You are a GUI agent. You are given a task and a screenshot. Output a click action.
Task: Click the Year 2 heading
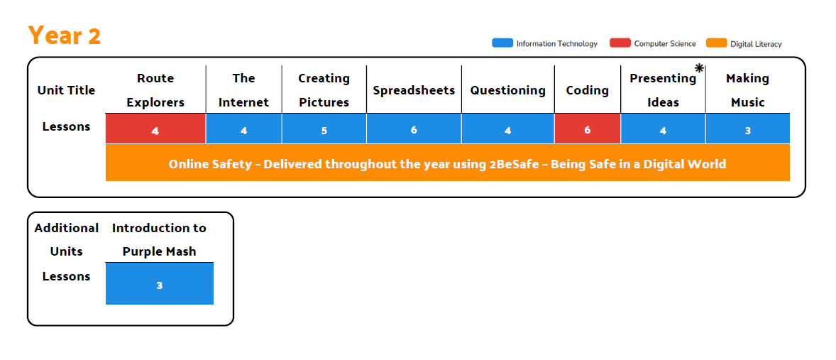65,36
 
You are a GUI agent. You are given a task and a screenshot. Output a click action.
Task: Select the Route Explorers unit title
155,90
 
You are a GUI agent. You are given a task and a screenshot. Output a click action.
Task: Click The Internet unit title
243,90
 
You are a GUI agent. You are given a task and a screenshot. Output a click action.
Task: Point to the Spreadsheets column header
414,90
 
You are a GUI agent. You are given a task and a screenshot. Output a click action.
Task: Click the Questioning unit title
507,90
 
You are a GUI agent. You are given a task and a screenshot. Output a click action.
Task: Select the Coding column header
588,90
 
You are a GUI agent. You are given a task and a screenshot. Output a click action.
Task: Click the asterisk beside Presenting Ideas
700,67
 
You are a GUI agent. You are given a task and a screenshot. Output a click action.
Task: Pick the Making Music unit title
747,90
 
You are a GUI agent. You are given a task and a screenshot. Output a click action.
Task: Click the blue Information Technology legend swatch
502,43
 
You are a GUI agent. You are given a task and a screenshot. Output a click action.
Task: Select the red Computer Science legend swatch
620,43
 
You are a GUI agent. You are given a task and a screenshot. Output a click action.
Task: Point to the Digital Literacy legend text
756,44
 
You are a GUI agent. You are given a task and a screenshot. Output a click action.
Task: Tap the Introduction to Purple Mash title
159,239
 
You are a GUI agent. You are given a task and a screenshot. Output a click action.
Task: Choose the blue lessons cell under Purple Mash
160,284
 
